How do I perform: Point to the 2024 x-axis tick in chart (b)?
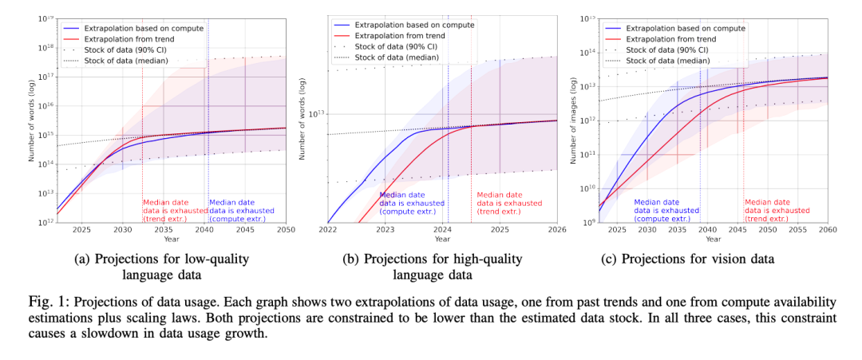(442, 230)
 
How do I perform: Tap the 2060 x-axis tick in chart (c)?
(827, 230)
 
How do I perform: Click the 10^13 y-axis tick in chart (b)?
(317, 113)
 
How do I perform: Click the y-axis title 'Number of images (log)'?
(572, 120)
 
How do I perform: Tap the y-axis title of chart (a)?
(31, 120)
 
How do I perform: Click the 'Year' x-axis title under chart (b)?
(442, 239)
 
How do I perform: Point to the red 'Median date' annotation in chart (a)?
(167, 203)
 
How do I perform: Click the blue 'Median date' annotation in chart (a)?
(241, 203)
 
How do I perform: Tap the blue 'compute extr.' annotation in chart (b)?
(407, 211)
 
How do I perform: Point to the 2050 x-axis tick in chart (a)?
(284, 230)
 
